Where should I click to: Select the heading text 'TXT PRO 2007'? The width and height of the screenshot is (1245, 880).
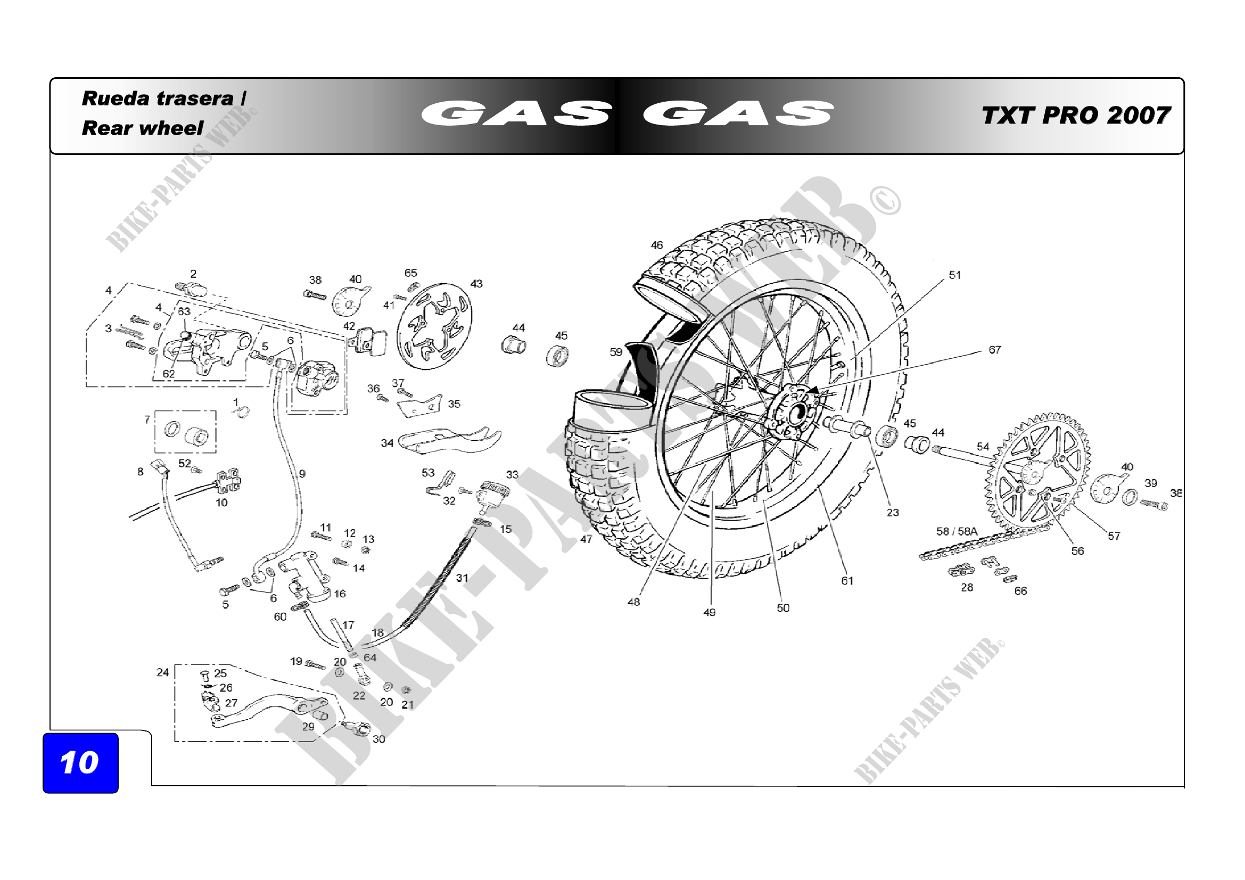[x=1075, y=116]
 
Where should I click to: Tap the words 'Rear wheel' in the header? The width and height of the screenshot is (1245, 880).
[x=142, y=128]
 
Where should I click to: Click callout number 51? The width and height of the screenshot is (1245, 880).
[x=954, y=275]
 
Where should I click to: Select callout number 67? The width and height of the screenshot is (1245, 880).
[x=994, y=350]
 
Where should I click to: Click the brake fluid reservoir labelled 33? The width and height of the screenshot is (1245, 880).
[x=492, y=493]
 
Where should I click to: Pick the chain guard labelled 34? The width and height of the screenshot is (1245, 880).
[x=449, y=439]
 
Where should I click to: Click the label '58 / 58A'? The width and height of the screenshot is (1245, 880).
[x=957, y=531]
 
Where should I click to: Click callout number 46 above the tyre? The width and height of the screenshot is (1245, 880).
[x=657, y=245]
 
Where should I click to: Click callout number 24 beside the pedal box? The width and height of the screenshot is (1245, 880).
[x=163, y=672]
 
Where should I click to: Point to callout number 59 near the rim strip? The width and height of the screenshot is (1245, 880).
[x=615, y=352]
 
